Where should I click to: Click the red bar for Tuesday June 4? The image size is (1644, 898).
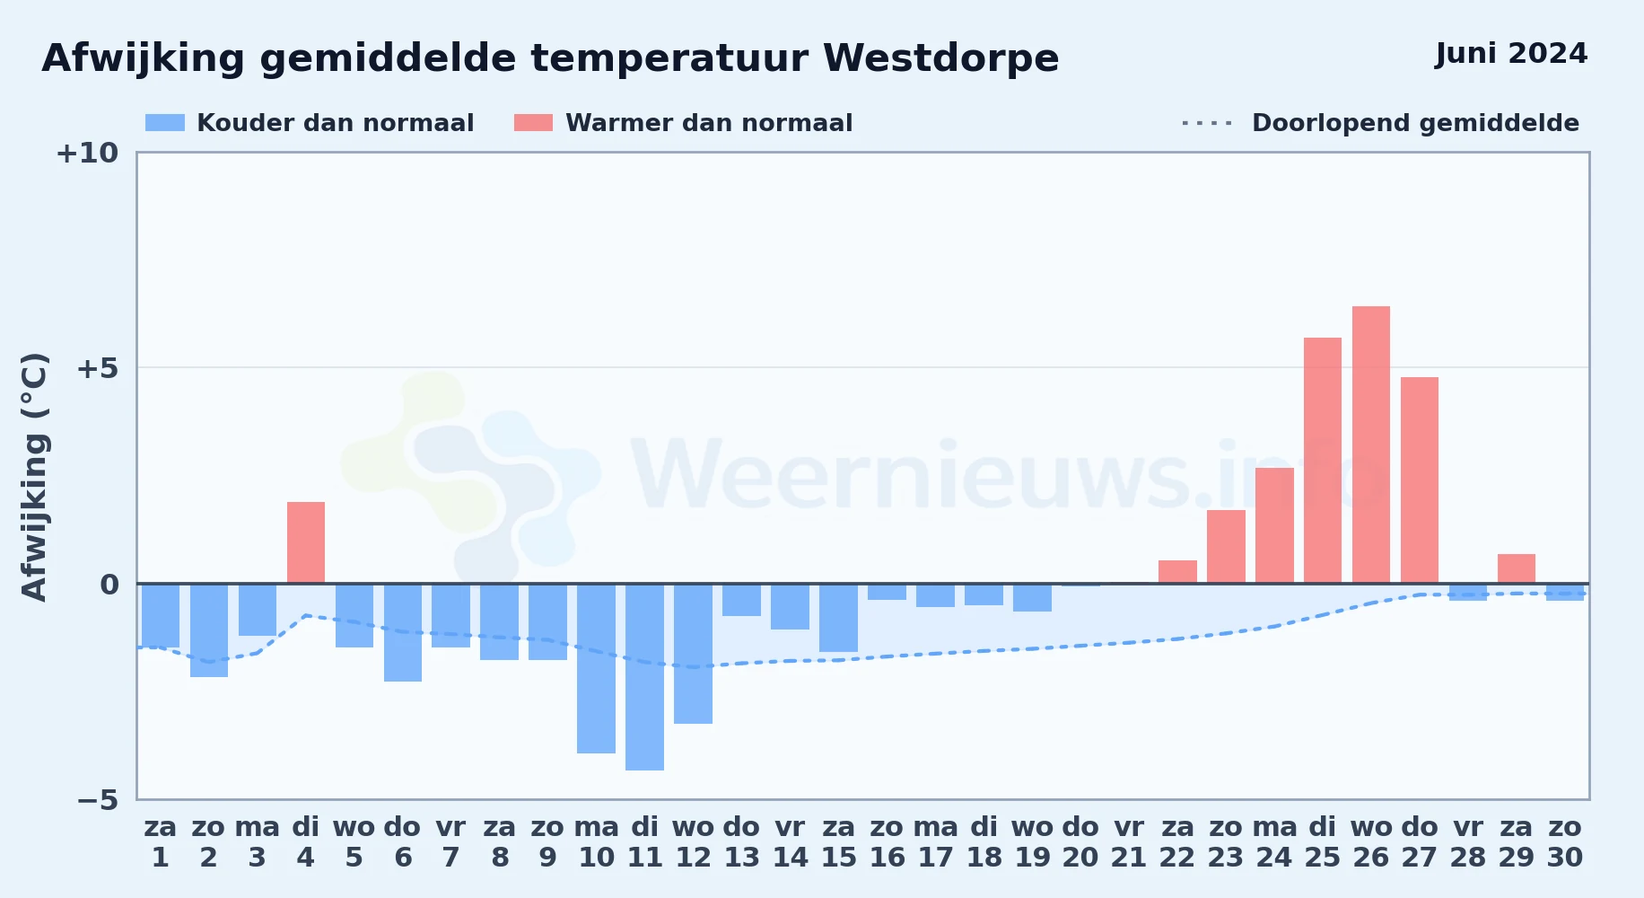click(306, 542)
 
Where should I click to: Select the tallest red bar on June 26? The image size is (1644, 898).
click(1371, 445)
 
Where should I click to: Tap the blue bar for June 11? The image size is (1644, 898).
click(644, 677)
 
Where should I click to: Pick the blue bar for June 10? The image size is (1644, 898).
click(596, 668)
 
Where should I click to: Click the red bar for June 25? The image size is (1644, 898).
click(1323, 461)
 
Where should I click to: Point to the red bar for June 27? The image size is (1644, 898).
click(1420, 480)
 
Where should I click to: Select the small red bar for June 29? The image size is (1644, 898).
click(1517, 568)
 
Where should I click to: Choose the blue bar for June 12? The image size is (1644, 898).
click(693, 654)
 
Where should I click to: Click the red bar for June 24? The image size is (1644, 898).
click(1274, 525)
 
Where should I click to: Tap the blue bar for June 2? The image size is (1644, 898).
click(209, 630)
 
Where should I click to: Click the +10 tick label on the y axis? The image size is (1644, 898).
click(87, 154)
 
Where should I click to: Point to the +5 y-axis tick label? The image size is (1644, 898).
click(97, 368)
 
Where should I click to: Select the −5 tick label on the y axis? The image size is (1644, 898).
click(97, 800)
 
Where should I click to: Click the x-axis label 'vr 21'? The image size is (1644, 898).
click(1129, 842)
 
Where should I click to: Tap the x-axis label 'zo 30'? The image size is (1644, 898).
click(1565, 842)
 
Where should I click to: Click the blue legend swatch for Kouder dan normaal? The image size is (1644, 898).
click(165, 123)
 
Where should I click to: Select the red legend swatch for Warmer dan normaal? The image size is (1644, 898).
click(533, 123)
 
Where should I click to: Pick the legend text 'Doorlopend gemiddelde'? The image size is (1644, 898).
click(1415, 123)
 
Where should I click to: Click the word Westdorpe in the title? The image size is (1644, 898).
click(940, 59)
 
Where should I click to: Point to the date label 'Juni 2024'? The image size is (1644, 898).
click(1511, 54)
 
